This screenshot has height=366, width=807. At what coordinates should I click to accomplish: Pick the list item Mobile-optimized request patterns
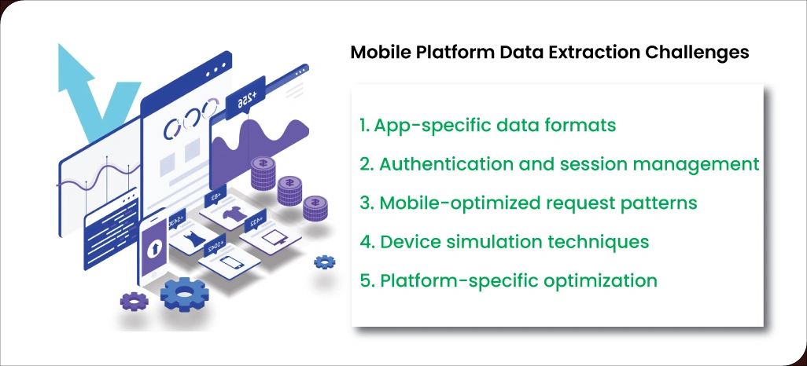tap(528, 203)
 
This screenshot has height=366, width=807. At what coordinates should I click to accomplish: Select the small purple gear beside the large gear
tap(134, 299)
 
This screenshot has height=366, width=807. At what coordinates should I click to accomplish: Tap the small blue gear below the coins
tap(324, 262)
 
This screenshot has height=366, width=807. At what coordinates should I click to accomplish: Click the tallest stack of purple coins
tap(263, 174)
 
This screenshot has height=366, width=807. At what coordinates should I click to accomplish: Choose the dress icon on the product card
tap(193, 240)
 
